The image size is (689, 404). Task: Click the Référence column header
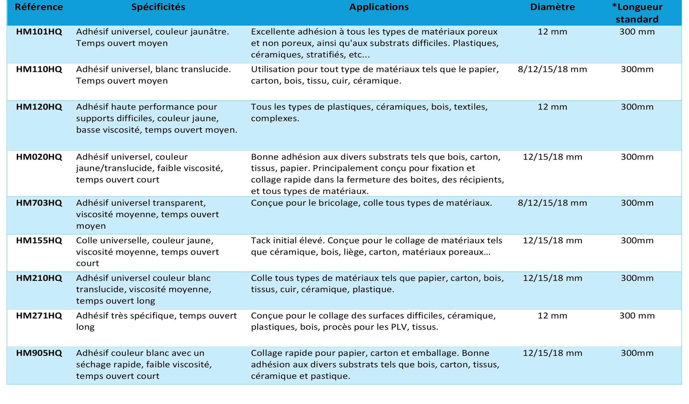point(39,7)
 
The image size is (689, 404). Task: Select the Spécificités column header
point(158,7)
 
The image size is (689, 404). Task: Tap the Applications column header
point(379,7)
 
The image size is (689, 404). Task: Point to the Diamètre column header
point(552,7)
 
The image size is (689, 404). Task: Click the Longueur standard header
point(637,13)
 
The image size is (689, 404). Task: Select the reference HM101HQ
point(39,32)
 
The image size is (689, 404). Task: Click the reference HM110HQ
point(39,69)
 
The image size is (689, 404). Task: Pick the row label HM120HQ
point(39,107)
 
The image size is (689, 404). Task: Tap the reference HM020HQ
point(39,157)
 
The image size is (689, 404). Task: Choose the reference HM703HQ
point(39,203)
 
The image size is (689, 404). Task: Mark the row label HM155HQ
point(39,241)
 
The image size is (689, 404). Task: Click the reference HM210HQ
point(39,278)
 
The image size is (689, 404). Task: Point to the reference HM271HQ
point(39,316)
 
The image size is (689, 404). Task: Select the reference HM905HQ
point(39,353)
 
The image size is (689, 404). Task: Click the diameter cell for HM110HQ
point(552,69)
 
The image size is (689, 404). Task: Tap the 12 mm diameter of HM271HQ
point(552,316)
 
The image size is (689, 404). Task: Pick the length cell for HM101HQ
point(637,32)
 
